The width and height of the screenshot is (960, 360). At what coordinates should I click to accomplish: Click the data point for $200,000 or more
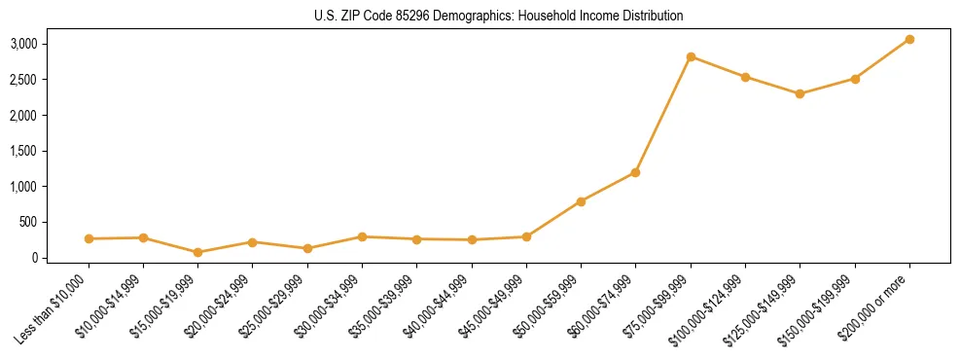coord(909,39)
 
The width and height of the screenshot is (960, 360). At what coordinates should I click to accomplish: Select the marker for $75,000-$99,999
coord(691,56)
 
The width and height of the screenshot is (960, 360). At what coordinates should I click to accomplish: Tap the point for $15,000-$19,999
coord(197,252)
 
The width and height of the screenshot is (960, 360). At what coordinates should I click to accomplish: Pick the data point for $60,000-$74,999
coord(635,172)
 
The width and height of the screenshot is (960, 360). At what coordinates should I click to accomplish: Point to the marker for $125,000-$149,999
coord(800,93)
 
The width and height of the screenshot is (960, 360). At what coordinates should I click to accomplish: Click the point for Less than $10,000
coord(89,238)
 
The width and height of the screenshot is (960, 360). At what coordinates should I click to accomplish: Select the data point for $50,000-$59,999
coord(581,201)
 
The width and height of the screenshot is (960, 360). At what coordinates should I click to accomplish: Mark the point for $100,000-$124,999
coord(745,77)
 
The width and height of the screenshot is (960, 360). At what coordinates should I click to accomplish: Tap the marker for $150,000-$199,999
coord(855,79)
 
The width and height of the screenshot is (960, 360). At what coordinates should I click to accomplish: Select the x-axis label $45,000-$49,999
coord(492,307)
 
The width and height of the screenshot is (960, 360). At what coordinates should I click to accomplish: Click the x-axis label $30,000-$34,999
coord(328,307)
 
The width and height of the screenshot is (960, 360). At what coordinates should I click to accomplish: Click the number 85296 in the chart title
coord(428,17)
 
